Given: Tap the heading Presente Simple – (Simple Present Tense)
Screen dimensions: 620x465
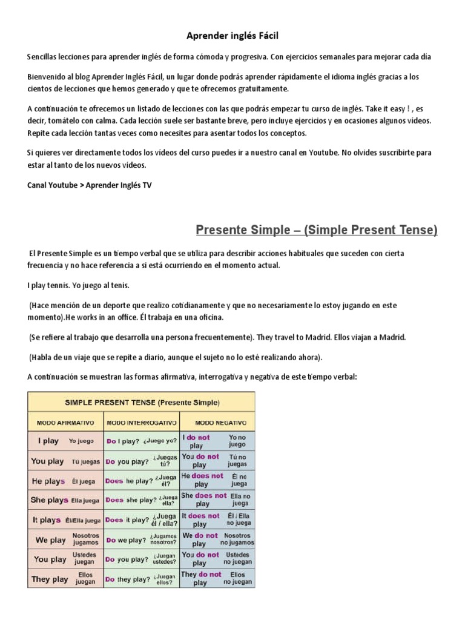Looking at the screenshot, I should click(317, 230).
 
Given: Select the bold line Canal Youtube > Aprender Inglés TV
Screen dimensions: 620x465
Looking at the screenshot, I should click(89, 185).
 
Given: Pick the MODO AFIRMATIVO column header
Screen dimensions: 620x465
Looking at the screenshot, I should click(65, 421).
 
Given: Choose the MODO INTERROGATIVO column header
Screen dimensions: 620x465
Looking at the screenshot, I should click(141, 421).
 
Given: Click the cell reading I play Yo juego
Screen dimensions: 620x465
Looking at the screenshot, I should click(65, 441).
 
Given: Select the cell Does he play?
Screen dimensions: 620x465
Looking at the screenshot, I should click(141, 481).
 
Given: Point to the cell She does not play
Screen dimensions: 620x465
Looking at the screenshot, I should click(217, 500).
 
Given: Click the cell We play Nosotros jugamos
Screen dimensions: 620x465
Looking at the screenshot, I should click(65, 539).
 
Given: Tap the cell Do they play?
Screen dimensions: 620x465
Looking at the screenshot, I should click(141, 579).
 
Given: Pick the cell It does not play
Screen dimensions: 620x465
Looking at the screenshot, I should click(217, 519).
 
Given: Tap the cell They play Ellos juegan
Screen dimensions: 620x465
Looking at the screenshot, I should click(65, 579).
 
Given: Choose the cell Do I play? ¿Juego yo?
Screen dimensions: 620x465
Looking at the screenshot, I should click(141, 441).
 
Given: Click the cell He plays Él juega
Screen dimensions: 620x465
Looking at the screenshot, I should click(65, 481).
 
